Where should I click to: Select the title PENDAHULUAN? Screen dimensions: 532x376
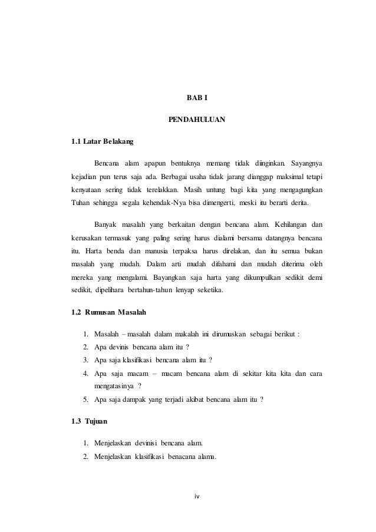coord(189,120)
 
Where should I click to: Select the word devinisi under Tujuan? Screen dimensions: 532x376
coord(149,442)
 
